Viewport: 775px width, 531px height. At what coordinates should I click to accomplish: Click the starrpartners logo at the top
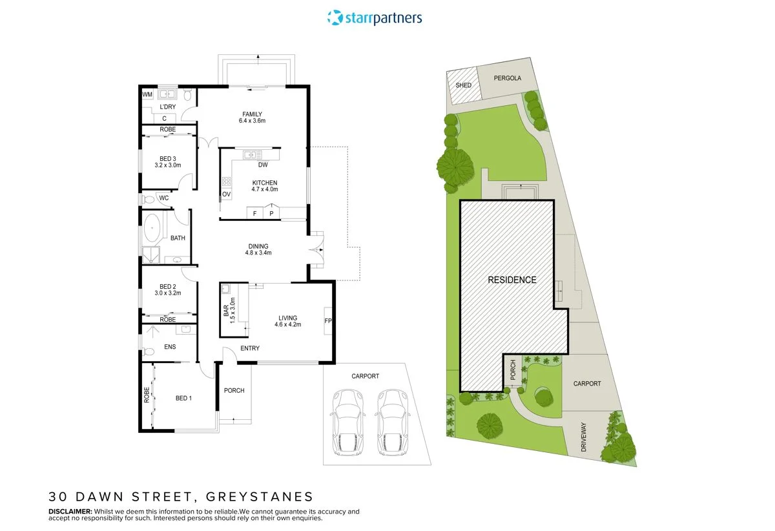point(375,17)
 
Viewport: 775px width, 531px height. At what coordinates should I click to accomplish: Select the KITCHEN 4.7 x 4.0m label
point(265,186)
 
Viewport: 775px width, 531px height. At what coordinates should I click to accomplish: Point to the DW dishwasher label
point(263,165)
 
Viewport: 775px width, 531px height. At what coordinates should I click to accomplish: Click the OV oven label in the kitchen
point(226,194)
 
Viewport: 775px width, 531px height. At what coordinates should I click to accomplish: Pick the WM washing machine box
point(147,94)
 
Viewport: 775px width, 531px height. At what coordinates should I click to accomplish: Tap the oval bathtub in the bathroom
point(152,227)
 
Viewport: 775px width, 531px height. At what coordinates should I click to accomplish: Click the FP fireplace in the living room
point(327,321)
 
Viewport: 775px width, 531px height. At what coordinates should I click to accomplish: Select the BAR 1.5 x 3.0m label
point(229,311)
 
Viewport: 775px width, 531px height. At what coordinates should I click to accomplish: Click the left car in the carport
point(347,422)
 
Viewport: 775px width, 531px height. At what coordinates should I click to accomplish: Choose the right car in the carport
point(393,422)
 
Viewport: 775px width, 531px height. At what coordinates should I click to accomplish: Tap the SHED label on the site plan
point(463,85)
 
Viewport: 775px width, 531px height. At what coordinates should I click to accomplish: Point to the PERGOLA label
point(507,78)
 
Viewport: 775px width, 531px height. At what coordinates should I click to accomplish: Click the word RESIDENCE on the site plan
point(512,280)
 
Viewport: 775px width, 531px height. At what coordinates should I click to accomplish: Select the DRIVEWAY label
point(584,437)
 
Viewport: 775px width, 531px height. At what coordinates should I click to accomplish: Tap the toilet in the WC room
point(147,200)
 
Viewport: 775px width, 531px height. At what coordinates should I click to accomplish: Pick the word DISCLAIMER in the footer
point(70,511)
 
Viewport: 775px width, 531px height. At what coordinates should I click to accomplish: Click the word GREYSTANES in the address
point(260,497)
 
